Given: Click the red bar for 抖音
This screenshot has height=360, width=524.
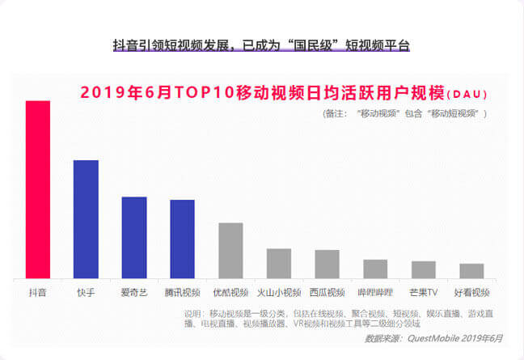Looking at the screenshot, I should click(x=38, y=190).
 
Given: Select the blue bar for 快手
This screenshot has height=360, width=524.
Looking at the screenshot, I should click(x=86, y=219).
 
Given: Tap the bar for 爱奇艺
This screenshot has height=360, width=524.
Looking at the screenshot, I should click(x=134, y=238).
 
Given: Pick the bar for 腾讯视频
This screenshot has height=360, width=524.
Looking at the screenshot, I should click(x=182, y=239).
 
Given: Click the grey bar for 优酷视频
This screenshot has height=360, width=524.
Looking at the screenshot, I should click(x=230, y=251).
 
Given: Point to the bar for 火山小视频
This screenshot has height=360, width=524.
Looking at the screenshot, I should click(x=279, y=264).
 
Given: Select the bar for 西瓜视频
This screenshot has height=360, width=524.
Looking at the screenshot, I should click(x=327, y=265).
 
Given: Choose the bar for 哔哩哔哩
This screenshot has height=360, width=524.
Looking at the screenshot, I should click(x=375, y=269).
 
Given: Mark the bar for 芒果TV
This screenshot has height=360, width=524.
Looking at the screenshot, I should click(x=423, y=270).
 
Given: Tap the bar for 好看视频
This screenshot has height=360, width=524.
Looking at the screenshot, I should click(x=471, y=271).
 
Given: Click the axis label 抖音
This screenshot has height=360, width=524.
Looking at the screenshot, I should click(x=38, y=292).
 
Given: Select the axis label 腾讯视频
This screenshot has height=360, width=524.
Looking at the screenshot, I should click(x=182, y=292).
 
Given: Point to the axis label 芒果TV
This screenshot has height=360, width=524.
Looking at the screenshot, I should click(x=423, y=292).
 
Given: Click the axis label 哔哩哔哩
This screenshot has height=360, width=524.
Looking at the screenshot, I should click(x=375, y=292).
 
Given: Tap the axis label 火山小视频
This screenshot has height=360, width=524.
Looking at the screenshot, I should click(x=279, y=292).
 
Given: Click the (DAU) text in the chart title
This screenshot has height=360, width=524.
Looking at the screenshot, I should click(x=467, y=94).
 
